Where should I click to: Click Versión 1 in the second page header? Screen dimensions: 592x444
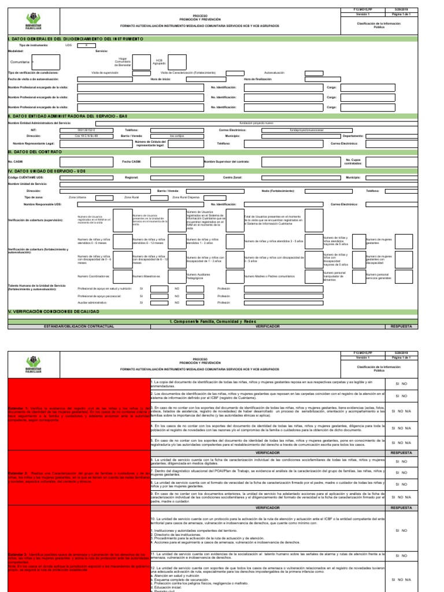[x=362, y=358]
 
